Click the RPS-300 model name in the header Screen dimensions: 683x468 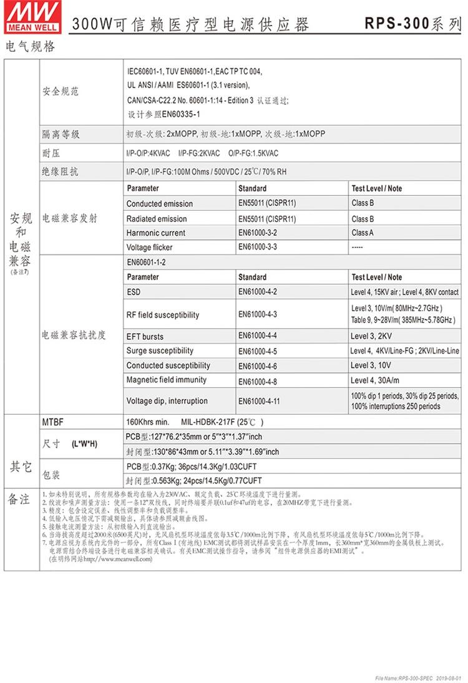(396, 24)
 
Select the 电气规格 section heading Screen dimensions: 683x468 (29, 47)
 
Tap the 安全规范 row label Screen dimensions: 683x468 (61, 92)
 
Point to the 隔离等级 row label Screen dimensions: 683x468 (61, 135)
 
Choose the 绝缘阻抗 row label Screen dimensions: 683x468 (61, 172)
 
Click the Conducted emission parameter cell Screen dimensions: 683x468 (160, 204)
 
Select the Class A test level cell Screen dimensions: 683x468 (363, 233)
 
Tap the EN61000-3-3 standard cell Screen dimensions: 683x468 (258, 247)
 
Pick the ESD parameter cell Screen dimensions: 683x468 (134, 291)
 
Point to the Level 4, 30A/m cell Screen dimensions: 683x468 (374, 380)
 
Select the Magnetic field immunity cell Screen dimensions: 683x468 (166, 380)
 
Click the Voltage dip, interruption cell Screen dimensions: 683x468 (167, 401)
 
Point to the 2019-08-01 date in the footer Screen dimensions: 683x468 (447, 678)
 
